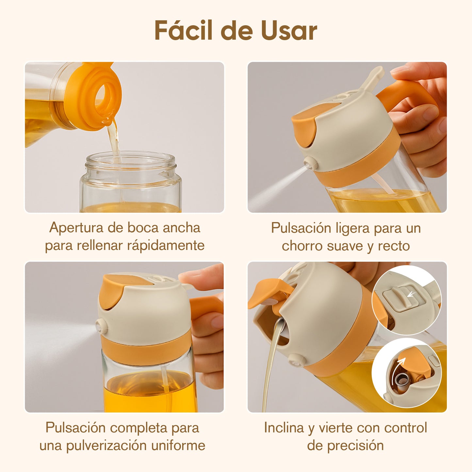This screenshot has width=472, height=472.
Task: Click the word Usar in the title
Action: [289, 31]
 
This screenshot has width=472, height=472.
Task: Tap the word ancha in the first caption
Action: [182, 228]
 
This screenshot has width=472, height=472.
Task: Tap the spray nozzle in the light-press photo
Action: [311, 163]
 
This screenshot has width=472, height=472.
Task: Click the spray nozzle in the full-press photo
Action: [102, 326]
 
